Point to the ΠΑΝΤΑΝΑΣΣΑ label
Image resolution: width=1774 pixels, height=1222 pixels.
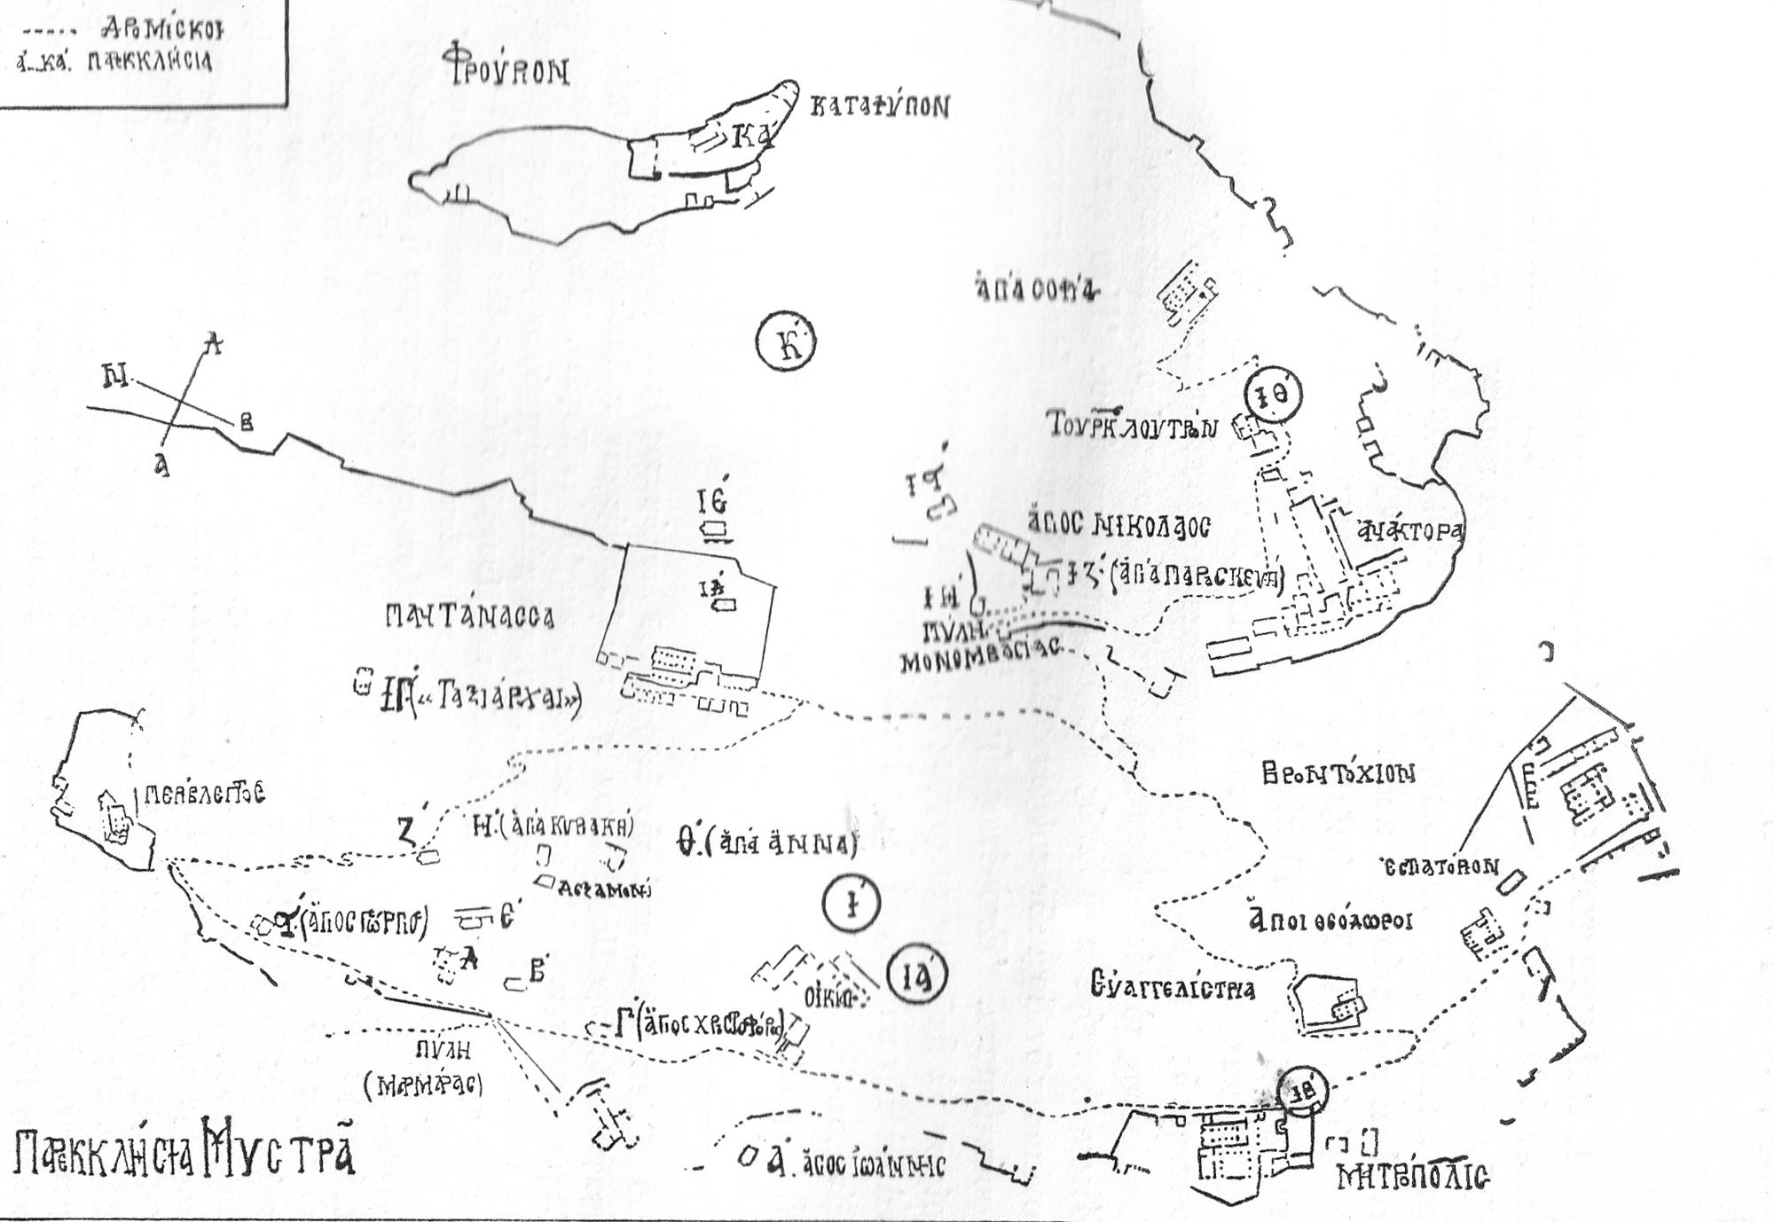470,616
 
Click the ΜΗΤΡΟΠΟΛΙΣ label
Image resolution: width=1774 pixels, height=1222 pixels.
1413,1178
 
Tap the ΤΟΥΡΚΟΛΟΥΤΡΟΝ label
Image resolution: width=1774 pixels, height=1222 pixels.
1128,427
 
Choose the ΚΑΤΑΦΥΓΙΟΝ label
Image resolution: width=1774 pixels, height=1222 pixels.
879,107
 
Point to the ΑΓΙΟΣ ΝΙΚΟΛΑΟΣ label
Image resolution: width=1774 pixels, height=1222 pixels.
1117,524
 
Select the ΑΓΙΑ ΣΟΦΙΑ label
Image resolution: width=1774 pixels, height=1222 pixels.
1033,292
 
